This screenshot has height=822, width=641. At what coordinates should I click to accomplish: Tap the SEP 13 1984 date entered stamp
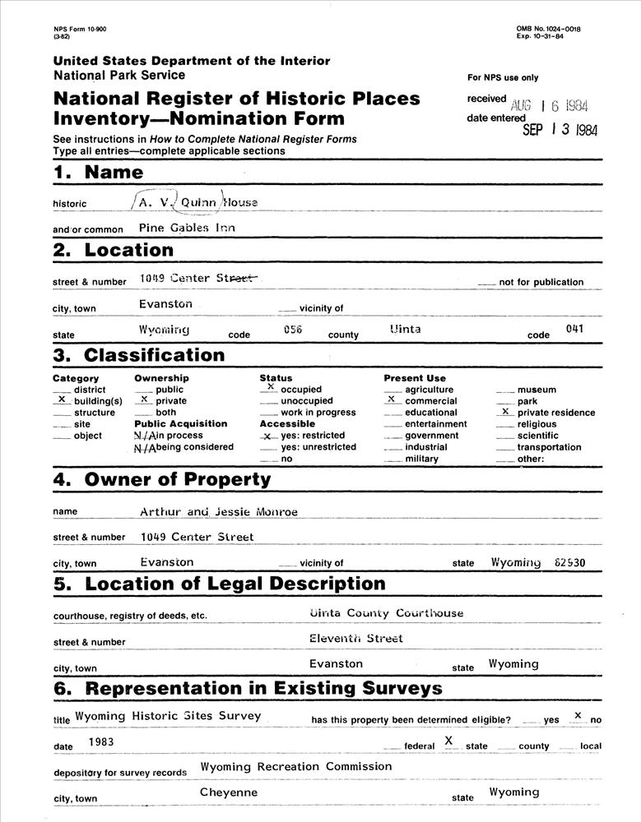(560, 130)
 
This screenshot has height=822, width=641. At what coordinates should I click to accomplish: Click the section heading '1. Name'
(98, 173)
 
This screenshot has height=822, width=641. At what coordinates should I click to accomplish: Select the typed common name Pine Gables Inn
(187, 228)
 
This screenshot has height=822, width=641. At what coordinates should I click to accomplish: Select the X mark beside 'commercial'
(392, 399)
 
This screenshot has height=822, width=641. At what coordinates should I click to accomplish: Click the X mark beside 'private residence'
(505, 410)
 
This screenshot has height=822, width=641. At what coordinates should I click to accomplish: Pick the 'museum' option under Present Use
(536, 390)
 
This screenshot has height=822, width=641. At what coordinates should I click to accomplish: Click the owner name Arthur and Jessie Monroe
(218, 511)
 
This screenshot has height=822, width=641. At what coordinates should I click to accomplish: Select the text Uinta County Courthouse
(386, 612)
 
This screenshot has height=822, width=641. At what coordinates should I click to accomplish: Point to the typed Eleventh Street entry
(356, 638)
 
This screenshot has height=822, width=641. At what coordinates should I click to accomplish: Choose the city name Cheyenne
(229, 792)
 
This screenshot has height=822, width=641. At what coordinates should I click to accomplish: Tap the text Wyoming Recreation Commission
(296, 766)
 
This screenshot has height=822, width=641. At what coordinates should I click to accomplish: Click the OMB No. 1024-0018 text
(548, 29)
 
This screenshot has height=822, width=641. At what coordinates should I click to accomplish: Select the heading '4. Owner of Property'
(161, 479)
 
